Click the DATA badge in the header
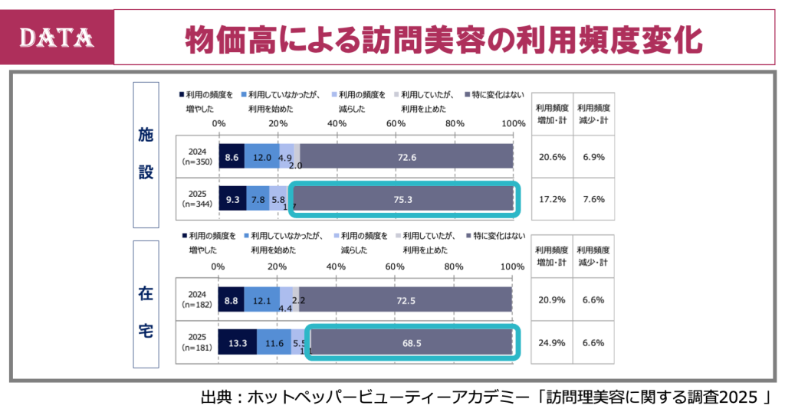coord(58,37)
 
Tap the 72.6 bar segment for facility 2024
coord(406,157)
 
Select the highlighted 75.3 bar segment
coord(403,199)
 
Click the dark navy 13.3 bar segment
coord(237,343)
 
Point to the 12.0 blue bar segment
coord(262,157)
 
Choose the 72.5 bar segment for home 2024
coord(406,301)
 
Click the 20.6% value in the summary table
coord(551,157)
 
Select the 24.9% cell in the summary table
coord(551,343)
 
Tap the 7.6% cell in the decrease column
coord(593,199)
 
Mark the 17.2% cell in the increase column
coord(551,199)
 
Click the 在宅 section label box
coord(146,312)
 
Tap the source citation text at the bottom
coord(484,397)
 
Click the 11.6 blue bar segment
coord(274,343)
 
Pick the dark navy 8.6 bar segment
coord(232,157)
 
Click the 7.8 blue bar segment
coord(258,199)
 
